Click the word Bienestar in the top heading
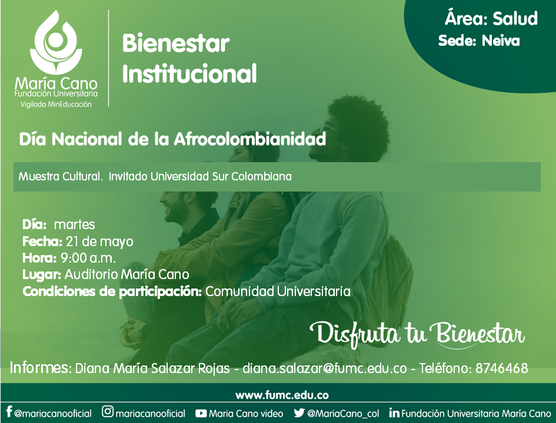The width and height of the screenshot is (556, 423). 176,43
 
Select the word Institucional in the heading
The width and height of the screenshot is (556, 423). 189,73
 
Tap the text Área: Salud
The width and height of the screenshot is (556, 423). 491,18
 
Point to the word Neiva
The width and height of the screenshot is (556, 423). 501,41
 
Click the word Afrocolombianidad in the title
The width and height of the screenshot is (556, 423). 249,139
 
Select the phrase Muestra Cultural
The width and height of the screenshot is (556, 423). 60,176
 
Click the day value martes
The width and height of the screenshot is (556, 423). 75,224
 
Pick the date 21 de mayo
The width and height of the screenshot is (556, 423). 99,241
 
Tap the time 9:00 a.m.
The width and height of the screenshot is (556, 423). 88,258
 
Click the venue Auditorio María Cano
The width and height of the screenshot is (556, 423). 126,274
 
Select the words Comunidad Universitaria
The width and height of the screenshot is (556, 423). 278,291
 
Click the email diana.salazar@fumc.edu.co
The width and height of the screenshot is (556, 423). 324,368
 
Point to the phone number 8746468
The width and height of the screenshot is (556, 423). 501,368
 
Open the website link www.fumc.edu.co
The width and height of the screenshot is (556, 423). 282,395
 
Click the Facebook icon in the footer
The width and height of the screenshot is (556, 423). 9,412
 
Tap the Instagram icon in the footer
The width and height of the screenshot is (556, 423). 108,411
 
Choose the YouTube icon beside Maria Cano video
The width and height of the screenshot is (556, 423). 201,413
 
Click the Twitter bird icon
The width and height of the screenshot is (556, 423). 299,413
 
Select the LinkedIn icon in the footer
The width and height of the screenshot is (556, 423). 394,413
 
